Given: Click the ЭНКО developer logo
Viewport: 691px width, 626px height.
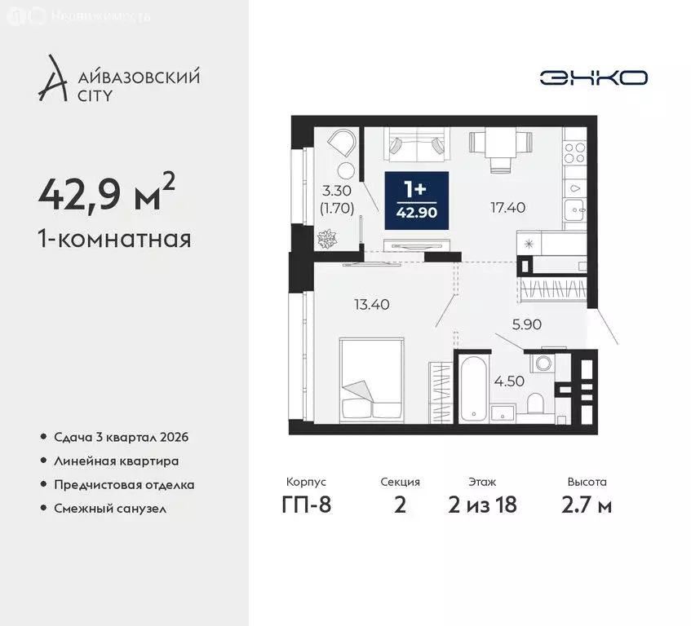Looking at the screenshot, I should [x=593, y=77].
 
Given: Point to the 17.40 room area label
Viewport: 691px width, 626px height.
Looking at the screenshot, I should [x=507, y=208].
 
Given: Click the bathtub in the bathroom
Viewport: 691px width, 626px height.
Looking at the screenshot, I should [x=474, y=388].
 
